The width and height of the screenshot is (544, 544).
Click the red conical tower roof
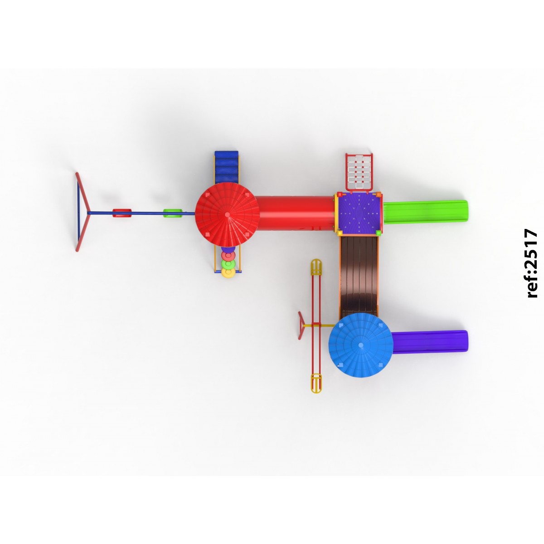click(x=227, y=215)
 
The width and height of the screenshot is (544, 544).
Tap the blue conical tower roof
click(x=361, y=345)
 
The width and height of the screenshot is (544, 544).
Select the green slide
click(x=425, y=212)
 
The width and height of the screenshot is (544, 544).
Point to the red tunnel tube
click(x=295, y=213)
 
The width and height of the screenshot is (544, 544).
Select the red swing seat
click(x=122, y=213)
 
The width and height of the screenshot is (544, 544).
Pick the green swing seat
click(x=173, y=213)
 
